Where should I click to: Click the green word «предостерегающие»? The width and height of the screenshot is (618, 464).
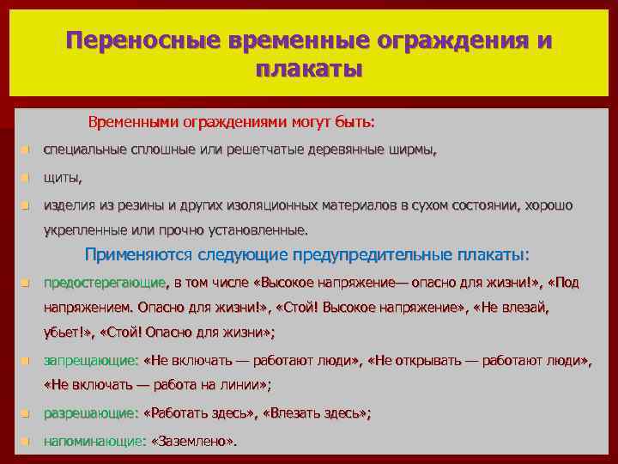(x=105, y=283)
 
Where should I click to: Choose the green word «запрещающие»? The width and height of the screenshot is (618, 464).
(x=90, y=361)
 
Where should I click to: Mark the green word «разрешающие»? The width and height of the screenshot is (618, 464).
(x=90, y=413)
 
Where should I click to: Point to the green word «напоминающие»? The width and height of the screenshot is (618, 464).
(x=94, y=441)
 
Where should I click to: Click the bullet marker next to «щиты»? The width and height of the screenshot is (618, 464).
(x=26, y=179)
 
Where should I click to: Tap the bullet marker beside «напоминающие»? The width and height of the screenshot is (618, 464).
(x=26, y=441)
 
